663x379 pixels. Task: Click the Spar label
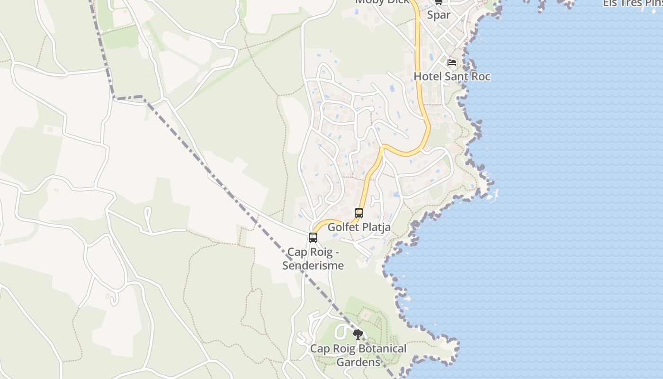click(439, 15)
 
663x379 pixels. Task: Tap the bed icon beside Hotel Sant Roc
click(451, 62)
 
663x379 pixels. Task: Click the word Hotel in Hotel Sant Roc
click(428, 76)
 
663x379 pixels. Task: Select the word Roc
click(481, 76)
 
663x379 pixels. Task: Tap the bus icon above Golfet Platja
click(359, 213)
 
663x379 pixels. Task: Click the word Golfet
click(343, 227)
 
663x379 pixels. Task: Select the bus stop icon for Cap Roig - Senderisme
click(313, 238)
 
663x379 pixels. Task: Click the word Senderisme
click(313, 265)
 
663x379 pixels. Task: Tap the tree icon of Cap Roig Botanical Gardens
click(358, 335)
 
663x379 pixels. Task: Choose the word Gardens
click(358, 362)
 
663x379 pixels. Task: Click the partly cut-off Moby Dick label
click(382, 2)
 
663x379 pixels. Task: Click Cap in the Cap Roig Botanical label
click(320, 349)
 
